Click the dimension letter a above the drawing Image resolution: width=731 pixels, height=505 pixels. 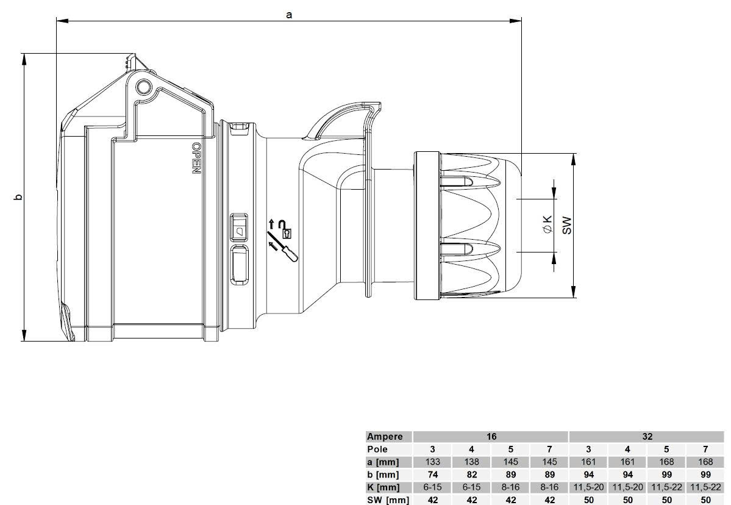coord(289,14)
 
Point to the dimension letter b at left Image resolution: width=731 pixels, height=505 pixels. coord(18,197)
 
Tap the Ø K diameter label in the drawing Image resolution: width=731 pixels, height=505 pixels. coord(547,224)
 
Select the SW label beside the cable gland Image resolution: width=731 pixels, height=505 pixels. coord(566,224)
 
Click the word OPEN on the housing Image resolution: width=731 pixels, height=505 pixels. coord(196,159)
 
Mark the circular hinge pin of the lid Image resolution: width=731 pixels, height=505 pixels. coord(143,87)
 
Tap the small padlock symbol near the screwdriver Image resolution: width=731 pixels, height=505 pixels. coord(287,232)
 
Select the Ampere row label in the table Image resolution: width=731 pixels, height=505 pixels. coord(385,437)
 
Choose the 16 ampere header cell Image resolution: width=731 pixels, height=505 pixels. coord(491,437)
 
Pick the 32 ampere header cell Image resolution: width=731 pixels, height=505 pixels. coord(647,437)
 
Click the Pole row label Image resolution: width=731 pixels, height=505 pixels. coord(377,449)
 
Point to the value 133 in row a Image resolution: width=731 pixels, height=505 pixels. coord(432,462)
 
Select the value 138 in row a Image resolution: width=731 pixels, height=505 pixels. coord(471,462)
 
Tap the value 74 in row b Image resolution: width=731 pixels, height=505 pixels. coord(432,475)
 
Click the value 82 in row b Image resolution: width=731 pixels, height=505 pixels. coord(471,475)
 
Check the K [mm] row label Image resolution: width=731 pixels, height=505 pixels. coord(383,487)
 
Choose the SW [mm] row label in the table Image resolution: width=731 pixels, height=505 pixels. coord(387,500)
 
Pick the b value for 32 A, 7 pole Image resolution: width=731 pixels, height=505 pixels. coord(705,475)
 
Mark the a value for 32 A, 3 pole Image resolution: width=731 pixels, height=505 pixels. coord(588,462)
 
